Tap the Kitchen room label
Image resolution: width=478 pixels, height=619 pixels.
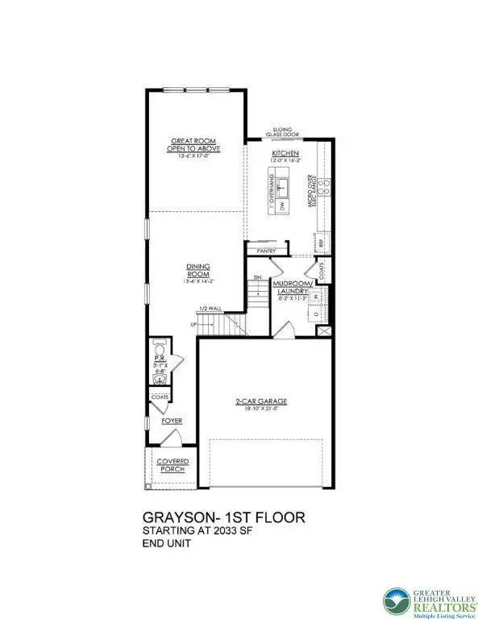click(285, 152)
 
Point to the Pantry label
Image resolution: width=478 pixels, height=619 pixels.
click(267, 251)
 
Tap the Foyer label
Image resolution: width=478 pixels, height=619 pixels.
click(171, 421)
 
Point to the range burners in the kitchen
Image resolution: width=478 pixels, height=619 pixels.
click(323, 187)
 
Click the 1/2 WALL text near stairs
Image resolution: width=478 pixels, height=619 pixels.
click(212, 309)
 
